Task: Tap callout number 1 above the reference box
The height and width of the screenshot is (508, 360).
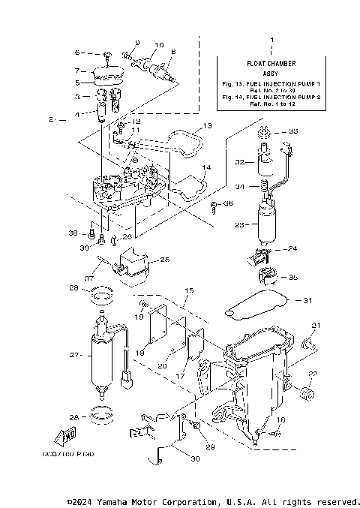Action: (271, 38)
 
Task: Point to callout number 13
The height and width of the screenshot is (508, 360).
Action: (208, 125)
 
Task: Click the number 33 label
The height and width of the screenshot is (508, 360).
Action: (293, 131)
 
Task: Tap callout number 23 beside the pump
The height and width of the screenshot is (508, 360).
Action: (239, 224)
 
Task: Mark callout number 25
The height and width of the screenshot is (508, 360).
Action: (166, 260)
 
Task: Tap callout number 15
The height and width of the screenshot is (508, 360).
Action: (190, 290)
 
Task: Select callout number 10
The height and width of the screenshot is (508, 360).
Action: (158, 44)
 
